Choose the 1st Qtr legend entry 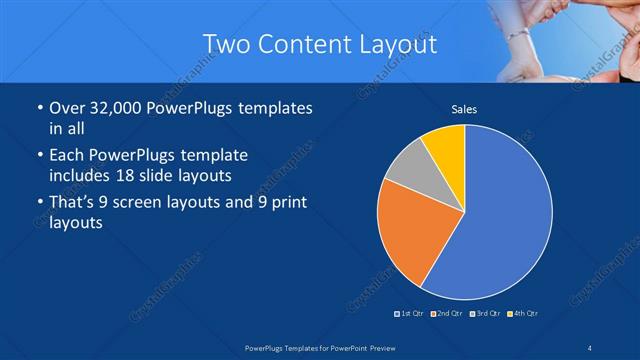pyautogui.click(x=410, y=314)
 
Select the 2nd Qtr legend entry pyautogui.click(x=447, y=314)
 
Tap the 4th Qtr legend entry pyautogui.click(x=524, y=314)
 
